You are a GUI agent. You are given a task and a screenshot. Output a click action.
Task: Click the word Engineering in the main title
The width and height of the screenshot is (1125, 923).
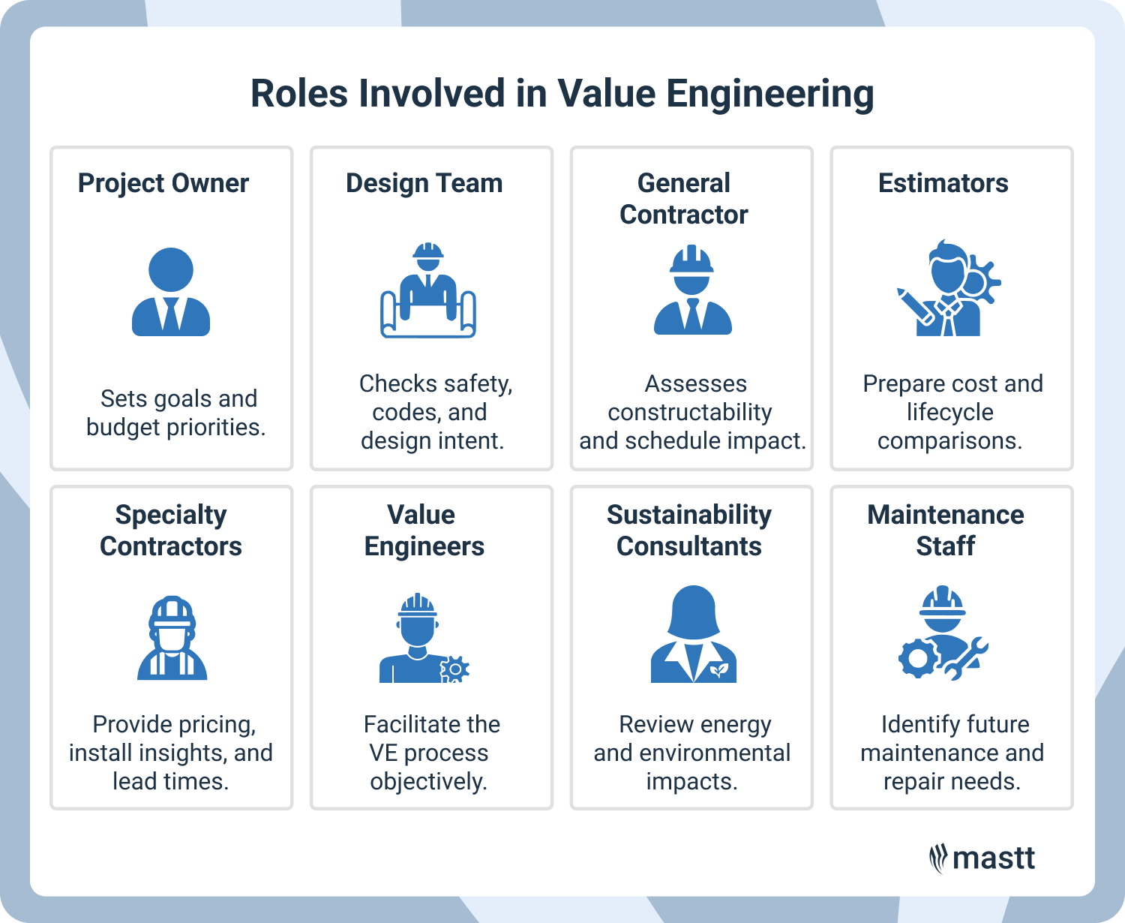point(769,95)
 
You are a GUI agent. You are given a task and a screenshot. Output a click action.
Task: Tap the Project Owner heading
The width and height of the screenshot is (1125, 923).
point(163,183)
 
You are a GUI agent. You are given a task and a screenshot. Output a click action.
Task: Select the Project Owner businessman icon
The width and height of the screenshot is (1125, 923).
point(171,292)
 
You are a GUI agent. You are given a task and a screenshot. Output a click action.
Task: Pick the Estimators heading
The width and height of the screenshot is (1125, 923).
point(943,183)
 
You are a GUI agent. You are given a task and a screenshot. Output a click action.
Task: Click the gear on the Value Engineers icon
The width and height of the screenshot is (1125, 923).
point(454,669)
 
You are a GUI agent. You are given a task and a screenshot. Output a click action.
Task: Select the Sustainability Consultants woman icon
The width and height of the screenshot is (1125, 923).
point(694,635)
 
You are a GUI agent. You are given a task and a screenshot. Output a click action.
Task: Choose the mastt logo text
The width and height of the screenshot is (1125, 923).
point(993,858)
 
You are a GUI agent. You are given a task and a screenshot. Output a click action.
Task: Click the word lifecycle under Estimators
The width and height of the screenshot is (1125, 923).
point(949,412)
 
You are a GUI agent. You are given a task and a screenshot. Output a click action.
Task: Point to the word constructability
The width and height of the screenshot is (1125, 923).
point(689,412)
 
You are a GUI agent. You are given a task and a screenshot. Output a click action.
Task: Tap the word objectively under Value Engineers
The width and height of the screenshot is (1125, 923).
point(428,781)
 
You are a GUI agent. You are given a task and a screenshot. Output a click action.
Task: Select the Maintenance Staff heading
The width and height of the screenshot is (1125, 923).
point(945,530)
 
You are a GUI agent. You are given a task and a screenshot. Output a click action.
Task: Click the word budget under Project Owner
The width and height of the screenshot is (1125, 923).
point(123,427)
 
